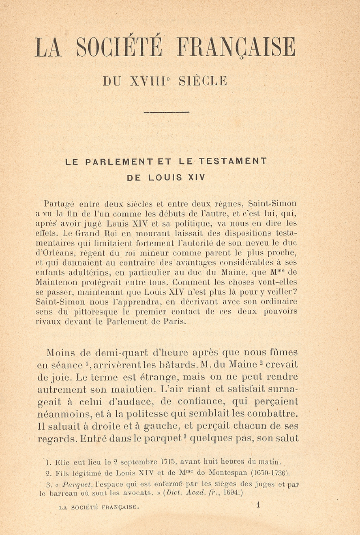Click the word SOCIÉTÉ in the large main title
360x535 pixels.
tap(120, 47)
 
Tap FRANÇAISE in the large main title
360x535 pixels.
tap(237, 47)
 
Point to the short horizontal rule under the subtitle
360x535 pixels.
tap(166, 112)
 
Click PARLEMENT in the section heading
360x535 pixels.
tap(119, 162)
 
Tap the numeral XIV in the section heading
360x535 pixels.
tap(196, 178)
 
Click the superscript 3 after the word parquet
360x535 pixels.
tap(185, 436)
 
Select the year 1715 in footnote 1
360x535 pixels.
tap(168, 462)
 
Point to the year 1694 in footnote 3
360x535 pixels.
tap(231, 493)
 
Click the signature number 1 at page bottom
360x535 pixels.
tap(258, 505)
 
